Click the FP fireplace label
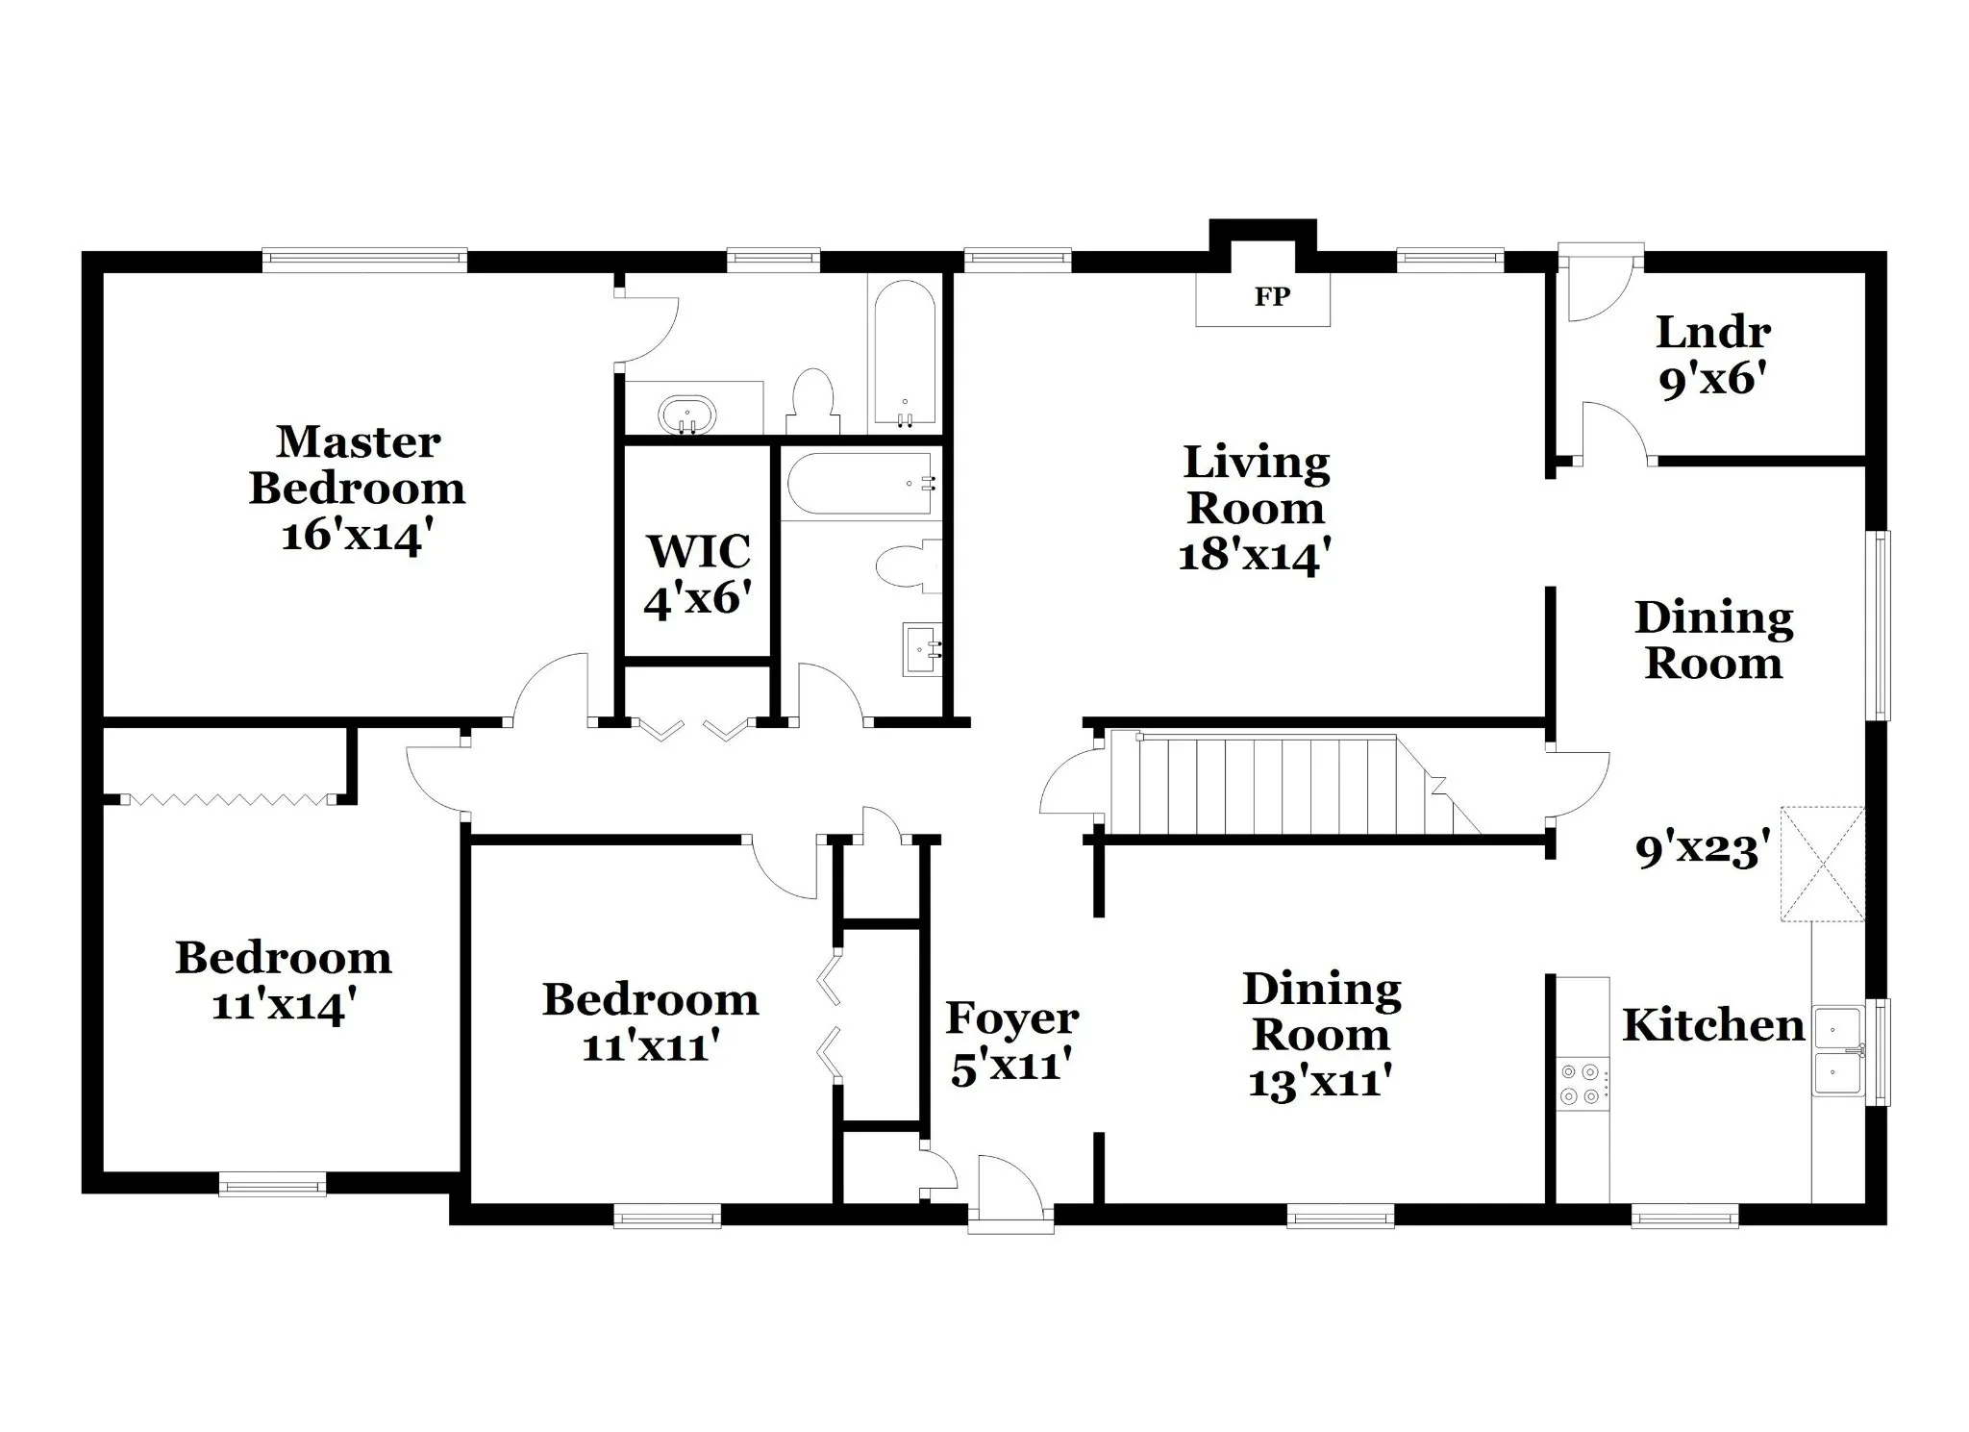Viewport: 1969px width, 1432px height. pyautogui.click(x=1271, y=297)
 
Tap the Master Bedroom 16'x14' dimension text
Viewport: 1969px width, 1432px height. pyautogui.click(x=352, y=536)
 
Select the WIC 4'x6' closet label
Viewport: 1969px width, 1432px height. pyautogui.click(x=698, y=575)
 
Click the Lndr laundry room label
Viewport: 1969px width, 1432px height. pyautogui.click(x=1713, y=333)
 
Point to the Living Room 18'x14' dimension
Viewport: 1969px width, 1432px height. pyautogui.click(x=1255, y=555)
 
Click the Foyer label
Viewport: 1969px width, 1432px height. pyautogui.click(x=1012, y=1018)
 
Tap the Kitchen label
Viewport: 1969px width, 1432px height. pyautogui.click(x=1713, y=1025)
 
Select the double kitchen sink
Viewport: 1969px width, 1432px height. pyautogui.click(x=1839, y=1051)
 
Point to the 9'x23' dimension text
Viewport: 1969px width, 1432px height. pyautogui.click(x=1703, y=851)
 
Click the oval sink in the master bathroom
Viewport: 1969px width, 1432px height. pyautogui.click(x=687, y=415)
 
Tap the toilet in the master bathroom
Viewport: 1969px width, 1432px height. pyautogui.click(x=813, y=402)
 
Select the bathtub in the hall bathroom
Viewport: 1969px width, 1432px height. pyautogui.click(x=860, y=487)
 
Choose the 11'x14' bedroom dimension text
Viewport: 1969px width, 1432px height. pyautogui.click(x=284, y=1006)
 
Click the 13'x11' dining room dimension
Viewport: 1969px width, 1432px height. pyautogui.click(x=1321, y=1082)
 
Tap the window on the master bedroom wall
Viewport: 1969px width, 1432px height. pyautogui.click(x=364, y=260)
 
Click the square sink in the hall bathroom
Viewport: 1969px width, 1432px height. pyautogui.click(x=921, y=649)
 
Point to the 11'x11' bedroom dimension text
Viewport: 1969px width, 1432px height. pyautogui.click(x=651, y=1045)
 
